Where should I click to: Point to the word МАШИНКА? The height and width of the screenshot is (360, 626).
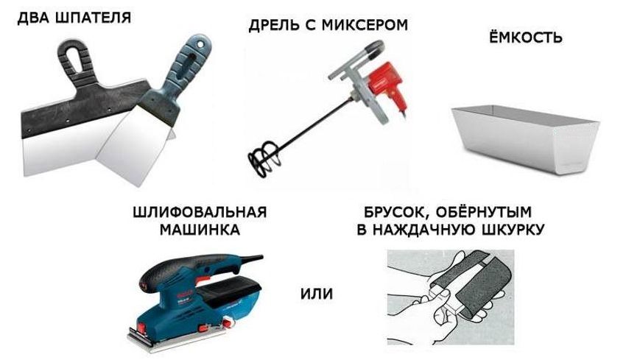pyautogui.click(x=200, y=230)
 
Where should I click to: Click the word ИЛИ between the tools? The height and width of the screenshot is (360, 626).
pyautogui.click(x=317, y=294)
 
